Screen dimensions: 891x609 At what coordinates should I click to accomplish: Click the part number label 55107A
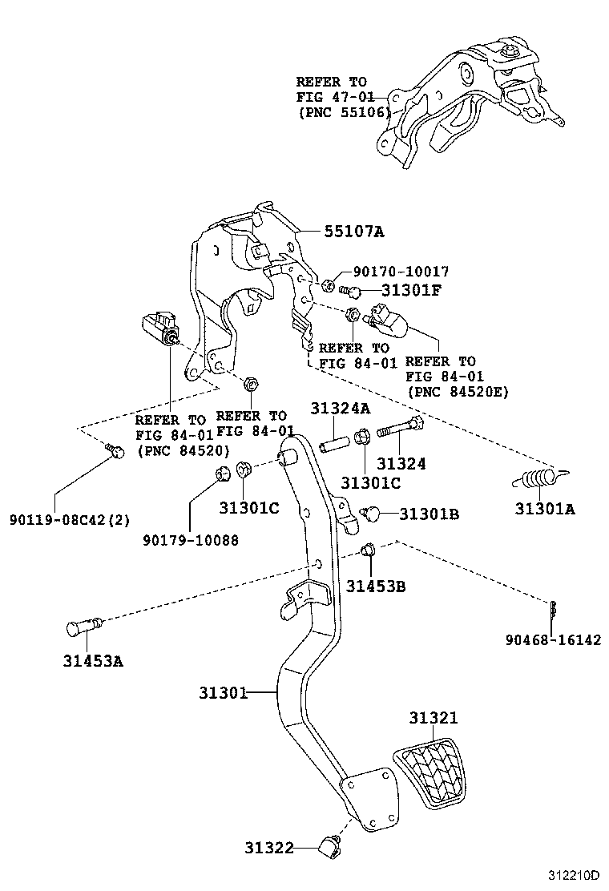coord(354,232)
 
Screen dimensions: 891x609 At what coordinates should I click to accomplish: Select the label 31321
coord(434,718)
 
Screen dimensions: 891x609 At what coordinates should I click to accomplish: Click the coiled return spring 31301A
coord(534,480)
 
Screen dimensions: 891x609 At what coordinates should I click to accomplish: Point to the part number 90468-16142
coord(553,640)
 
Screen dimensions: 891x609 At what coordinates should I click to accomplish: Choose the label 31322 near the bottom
coord(269,847)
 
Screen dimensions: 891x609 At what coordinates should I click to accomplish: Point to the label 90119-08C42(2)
coord(69,519)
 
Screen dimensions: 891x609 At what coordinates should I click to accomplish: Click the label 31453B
coord(376,587)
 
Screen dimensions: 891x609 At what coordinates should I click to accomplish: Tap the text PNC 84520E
coord(458,392)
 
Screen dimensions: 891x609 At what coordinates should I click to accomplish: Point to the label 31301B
coord(429,514)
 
